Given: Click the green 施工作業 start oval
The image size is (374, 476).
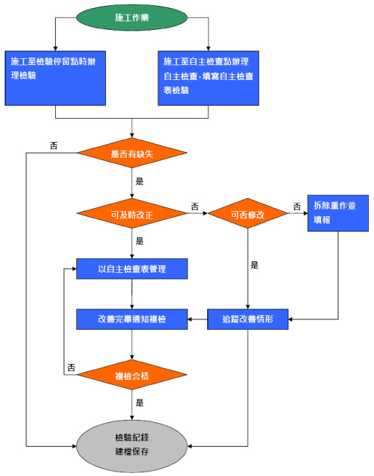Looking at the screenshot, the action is [x=131, y=17].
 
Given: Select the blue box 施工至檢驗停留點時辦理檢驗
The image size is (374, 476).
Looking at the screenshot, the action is [x=55, y=79].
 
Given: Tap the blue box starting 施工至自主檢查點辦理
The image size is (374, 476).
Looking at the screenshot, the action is [x=208, y=79].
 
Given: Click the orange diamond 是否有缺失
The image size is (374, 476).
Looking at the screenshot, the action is [x=131, y=153].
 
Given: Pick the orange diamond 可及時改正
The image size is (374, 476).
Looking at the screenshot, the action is [x=131, y=213].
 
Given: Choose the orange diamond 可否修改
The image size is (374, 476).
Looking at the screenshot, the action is [x=248, y=213].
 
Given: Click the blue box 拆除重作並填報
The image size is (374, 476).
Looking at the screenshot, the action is [x=338, y=213].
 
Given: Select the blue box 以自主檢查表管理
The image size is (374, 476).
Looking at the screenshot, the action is [x=131, y=269].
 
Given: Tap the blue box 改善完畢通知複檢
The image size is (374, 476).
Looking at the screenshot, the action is [x=131, y=319].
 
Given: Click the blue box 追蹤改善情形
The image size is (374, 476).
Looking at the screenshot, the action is [x=248, y=319].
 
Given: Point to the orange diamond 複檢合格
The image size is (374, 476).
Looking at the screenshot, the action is [x=131, y=375].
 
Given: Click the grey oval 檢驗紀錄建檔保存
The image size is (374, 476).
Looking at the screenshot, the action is [x=131, y=446].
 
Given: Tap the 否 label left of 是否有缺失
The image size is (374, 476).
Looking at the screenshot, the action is [x=54, y=146].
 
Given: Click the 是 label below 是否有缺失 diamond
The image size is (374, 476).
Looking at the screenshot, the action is [x=139, y=181].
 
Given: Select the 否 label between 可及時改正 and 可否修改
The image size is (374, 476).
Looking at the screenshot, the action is [x=195, y=207].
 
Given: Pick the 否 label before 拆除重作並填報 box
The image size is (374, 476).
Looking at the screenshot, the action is [x=297, y=207].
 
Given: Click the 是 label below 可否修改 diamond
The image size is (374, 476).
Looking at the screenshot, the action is [x=254, y=265].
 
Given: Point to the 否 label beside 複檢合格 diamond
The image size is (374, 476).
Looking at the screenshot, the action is [x=71, y=368].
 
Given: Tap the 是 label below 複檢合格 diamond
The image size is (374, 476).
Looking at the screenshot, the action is [x=139, y=402].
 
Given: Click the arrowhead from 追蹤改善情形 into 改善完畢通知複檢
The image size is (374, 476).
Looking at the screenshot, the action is [x=190, y=319].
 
